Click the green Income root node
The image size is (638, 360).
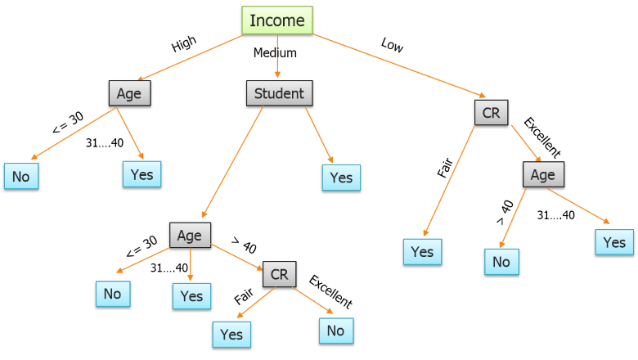pos(277,20)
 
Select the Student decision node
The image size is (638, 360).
pos(279,93)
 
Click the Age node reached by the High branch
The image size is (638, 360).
pos(129,93)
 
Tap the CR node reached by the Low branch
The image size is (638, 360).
pos(491,112)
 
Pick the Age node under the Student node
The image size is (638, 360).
pos(190,235)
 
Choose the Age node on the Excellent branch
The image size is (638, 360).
pos(543,174)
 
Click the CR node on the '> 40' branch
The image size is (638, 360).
pos(279,274)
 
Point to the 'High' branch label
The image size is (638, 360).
pos(184,43)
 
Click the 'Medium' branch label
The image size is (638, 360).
pos(275,53)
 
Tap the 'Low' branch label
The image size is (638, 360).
pos(393,45)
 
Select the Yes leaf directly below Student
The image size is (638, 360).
pos(341,178)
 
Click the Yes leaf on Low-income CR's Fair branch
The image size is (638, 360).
pos(422,252)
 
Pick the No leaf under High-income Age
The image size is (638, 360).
pos(21,176)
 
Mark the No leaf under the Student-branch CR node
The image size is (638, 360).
pos(336,331)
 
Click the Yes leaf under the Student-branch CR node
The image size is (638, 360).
pos(231,335)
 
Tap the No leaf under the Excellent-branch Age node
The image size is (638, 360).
pos(501,262)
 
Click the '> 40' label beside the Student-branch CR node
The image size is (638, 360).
pos(244,245)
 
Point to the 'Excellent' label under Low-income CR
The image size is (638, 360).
pos(542,137)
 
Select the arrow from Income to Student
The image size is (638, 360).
pos(277,56)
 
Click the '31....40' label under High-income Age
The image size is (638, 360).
pos(105,143)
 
